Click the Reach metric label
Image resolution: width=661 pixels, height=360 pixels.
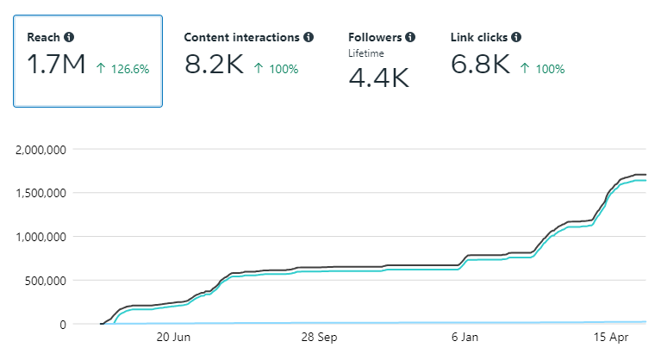click(44, 37)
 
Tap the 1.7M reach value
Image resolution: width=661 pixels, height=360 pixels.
click(57, 65)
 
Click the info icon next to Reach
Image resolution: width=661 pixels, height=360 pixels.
click(69, 37)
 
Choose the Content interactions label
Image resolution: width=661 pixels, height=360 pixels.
click(242, 37)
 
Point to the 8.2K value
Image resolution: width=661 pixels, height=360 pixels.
click(215, 65)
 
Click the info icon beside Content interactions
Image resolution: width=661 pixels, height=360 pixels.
click(309, 37)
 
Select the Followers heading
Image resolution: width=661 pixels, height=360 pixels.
click(375, 37)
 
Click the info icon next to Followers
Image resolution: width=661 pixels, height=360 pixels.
click(410, 37)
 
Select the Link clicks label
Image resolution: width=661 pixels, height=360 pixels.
click(479, 37)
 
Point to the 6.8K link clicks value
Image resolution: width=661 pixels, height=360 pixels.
click(481, 65)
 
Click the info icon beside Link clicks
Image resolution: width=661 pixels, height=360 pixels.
click(515, 37)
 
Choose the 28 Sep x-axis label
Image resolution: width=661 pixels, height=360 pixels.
click(320, 338)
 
